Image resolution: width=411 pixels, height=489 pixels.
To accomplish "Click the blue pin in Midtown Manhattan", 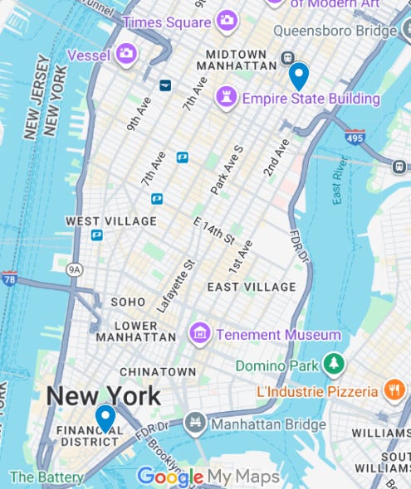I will click(298, 76).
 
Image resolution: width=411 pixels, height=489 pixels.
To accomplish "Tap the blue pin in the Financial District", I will click(105, 417).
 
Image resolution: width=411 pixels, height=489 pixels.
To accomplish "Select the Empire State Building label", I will click(311, 99).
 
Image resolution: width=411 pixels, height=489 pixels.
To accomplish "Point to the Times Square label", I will click(166, 22).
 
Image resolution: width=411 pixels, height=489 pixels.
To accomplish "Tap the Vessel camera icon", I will click(126, 55).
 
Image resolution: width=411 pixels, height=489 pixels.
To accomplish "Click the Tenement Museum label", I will click(278, 335).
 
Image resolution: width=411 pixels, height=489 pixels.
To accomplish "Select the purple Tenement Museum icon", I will click(199, 334).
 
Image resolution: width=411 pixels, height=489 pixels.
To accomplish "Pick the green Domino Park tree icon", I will click(334, 364).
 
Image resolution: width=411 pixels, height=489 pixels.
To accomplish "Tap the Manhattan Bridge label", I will click(268, 424).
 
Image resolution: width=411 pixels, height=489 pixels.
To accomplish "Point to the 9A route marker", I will click(76, 270).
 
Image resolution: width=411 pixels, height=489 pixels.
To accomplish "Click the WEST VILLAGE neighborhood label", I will click(110, 221).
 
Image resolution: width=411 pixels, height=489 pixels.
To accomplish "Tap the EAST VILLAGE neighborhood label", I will click(251, 287).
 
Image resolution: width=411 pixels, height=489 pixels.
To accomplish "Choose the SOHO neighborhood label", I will click(128, 302).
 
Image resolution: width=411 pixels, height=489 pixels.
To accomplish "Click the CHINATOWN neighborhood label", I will click(158, 372).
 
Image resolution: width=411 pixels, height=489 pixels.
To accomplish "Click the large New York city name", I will click(103, 395).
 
